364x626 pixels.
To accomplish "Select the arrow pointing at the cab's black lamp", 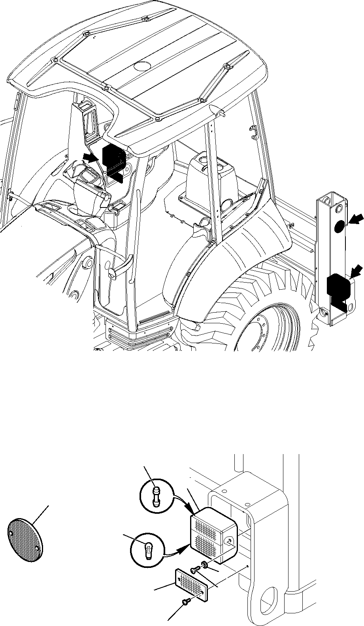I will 90,158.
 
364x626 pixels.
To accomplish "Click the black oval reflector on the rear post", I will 339,226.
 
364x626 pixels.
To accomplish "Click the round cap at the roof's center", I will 140,66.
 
